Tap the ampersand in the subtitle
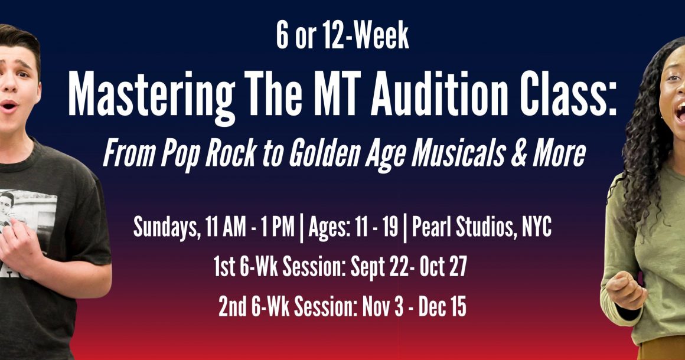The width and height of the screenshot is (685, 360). (518, 153)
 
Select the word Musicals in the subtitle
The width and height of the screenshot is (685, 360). (458, 153)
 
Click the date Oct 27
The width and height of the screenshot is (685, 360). (443, 267)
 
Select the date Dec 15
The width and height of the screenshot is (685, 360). (442, 307)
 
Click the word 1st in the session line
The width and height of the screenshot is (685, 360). (224, 267)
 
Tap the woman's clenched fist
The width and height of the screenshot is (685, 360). (625, 290)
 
